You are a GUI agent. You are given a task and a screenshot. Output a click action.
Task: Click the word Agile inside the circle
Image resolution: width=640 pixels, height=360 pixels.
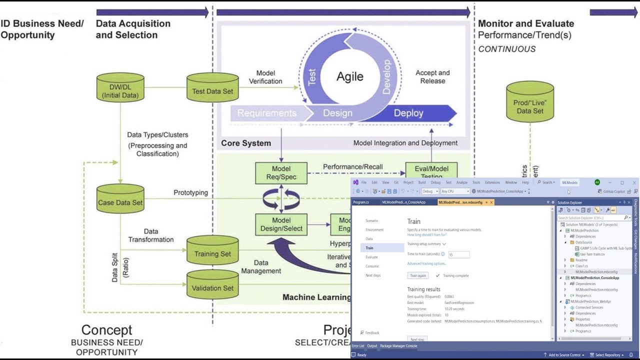(x=349, y=76)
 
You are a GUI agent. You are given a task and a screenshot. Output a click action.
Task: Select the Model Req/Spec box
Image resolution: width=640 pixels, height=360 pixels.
(x=281, y=172)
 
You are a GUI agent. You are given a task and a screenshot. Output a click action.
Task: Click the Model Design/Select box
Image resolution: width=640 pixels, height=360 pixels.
(x=281, y=224)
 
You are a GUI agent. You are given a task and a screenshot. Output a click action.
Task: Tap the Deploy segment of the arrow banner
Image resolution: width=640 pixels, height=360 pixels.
(x=408, y=113)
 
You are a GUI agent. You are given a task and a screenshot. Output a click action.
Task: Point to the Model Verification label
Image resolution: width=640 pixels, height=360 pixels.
(x=265, y=77)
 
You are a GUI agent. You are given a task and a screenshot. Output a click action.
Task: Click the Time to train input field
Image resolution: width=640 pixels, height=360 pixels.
(x=458, y=254)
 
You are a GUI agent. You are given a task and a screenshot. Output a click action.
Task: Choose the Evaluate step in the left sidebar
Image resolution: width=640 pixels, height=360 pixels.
(x=371, y=257)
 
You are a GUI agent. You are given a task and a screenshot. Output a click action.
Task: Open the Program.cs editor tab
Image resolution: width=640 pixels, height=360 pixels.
(x=361, y=202)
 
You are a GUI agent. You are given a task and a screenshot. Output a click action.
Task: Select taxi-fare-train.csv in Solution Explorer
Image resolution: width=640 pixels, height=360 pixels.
(x=592, y=254)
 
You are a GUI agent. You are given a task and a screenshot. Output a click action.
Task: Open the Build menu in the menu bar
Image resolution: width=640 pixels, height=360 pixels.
(x=422, y=182)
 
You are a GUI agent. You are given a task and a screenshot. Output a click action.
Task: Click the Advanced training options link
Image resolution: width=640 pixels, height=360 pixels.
(x=426, y=263)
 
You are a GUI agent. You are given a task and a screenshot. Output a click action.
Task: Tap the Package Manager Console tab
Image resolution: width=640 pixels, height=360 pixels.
(x=398, y=346)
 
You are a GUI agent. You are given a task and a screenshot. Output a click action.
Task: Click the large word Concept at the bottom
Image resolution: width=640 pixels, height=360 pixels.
(x=106, y=330)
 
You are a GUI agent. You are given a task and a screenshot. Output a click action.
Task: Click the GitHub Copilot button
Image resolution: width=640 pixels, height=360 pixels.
(x=613, y=191)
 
